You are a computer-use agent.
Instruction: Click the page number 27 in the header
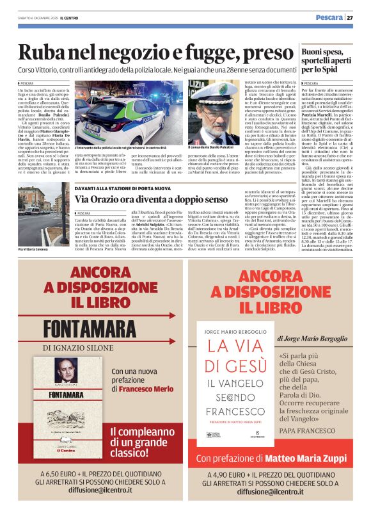(359, 17)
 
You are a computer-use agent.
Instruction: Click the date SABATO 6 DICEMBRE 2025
(35, 18)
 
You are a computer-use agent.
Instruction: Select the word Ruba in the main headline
(48, 53)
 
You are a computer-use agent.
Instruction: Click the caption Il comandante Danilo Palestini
(214, 149)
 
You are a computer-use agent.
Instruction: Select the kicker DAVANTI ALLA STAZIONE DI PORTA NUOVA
(123, 188)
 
